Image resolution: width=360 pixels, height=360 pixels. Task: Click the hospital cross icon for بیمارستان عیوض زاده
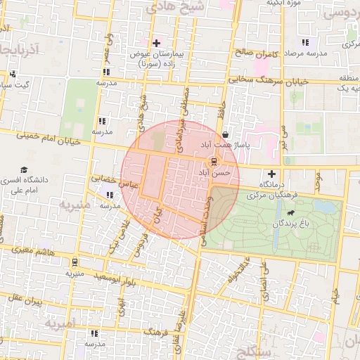click(x=157, y=44)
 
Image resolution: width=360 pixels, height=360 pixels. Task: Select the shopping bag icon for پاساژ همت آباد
click(x=225, y=135)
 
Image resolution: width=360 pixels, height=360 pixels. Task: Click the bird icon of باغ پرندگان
click(x=289, y=212)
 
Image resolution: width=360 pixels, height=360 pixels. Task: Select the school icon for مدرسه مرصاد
click(x=304, y=43)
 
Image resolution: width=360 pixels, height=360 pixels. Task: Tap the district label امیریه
click(x=60, y=324)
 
